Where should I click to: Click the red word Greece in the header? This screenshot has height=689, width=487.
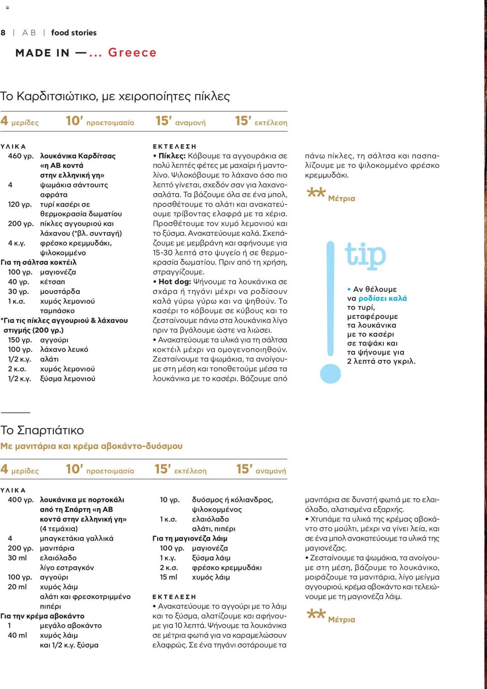(x=132, y=52)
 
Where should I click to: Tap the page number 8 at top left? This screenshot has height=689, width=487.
(x=3, y=33)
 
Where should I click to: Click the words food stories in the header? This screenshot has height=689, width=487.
(x=74, y=33)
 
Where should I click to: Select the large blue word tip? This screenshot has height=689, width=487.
(x=365, y=256)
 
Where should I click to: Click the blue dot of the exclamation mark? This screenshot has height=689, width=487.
(x=330, y=374)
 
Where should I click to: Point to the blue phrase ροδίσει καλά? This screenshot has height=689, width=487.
(x=382, y=298)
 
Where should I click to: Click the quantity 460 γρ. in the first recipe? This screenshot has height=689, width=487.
(x=21, y=156)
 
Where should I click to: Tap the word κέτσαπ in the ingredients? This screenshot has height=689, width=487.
(x=52, y=282)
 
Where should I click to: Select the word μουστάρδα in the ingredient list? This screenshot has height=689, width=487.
(x=60, y=291)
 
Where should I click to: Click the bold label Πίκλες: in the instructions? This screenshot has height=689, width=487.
(x=172, y=156)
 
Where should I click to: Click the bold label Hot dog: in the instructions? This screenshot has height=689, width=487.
(x=175, y=282)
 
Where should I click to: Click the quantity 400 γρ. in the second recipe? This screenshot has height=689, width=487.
(x=21, y=500)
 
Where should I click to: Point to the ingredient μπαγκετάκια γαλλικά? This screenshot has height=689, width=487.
(x=77, y=538)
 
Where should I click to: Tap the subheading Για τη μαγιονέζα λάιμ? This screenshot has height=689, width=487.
(x=190, y=538)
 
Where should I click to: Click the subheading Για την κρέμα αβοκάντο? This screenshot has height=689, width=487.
(x=42, y=616)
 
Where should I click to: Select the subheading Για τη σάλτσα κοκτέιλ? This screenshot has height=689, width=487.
(x=39, y=262)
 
